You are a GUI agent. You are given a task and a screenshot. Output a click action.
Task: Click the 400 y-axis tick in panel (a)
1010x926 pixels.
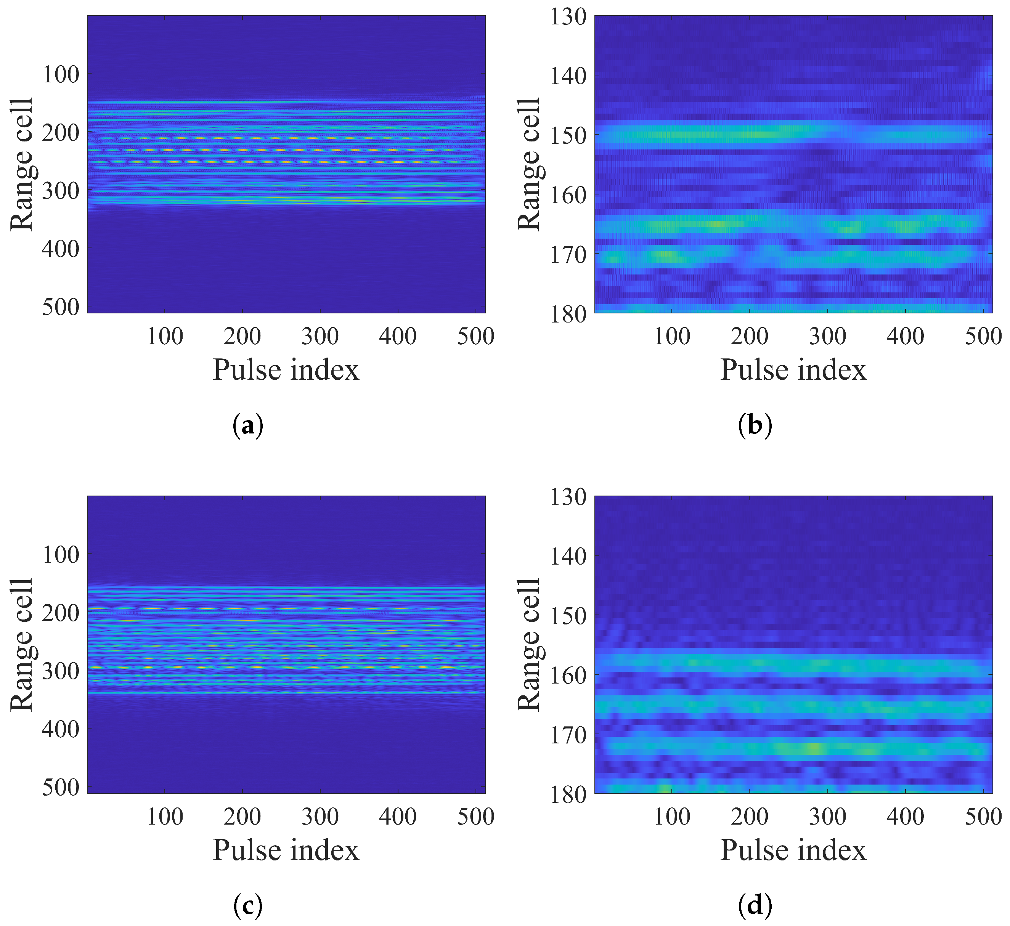(60, 249)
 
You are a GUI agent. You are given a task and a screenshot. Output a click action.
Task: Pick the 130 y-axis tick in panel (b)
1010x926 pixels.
(568, 16)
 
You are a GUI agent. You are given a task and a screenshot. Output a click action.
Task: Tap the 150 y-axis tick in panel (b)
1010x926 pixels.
(568, 135)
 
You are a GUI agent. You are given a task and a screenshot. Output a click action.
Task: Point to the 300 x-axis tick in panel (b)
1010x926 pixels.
(827, 336)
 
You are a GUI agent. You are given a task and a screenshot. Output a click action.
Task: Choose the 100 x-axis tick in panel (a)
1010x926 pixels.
(165, 336)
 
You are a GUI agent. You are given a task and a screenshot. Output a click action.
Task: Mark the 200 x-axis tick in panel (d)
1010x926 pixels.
(749, 817)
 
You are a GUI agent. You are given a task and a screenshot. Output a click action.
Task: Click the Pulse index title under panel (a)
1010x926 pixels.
(286, 370)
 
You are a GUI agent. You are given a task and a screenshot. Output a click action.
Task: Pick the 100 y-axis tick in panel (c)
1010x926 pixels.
(60, 555)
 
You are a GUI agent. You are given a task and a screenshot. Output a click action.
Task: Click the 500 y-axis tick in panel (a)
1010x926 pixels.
(60, 307)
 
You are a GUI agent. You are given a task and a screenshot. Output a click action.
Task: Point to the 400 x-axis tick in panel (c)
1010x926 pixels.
(398, 817)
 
